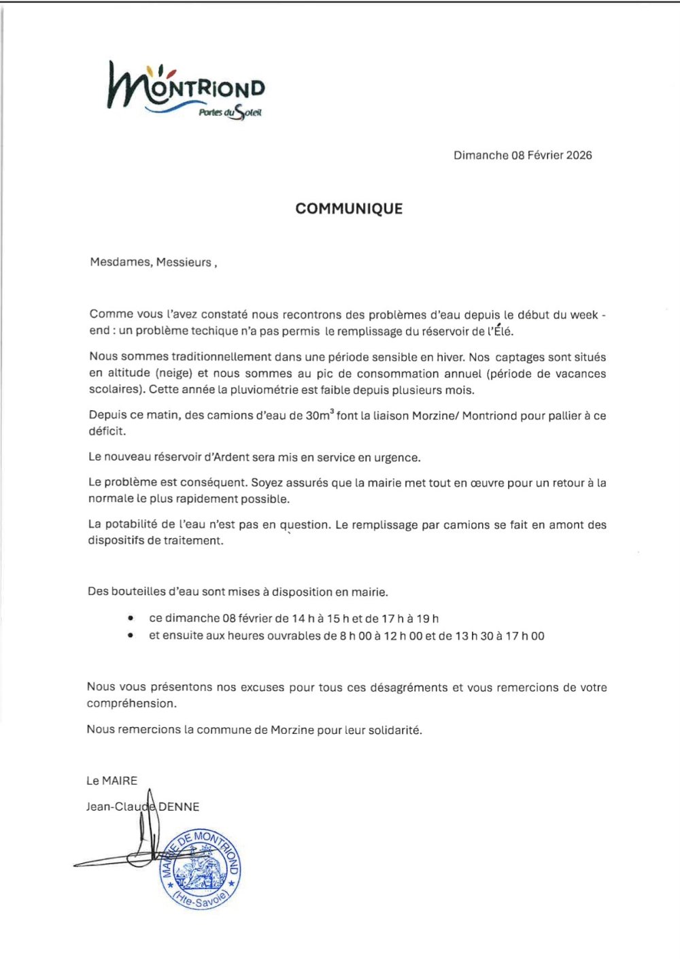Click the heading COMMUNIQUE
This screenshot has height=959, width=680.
(x=349, y=209)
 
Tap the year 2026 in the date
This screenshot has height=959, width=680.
(x=579, y=155)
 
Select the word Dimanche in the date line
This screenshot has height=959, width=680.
(x=481, y=155)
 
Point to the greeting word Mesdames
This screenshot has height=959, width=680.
(x=120, y=263)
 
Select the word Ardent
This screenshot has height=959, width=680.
(x=232, y=458)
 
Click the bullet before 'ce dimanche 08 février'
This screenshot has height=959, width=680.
(x=130, y=619)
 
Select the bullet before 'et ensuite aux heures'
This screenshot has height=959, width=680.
(x=130, y=637)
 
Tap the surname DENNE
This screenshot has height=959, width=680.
(x=179, y=807)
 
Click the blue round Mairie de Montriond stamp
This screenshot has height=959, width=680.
(x=200, y=869)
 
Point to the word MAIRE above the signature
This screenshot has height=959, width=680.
(x=120, y=781)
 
